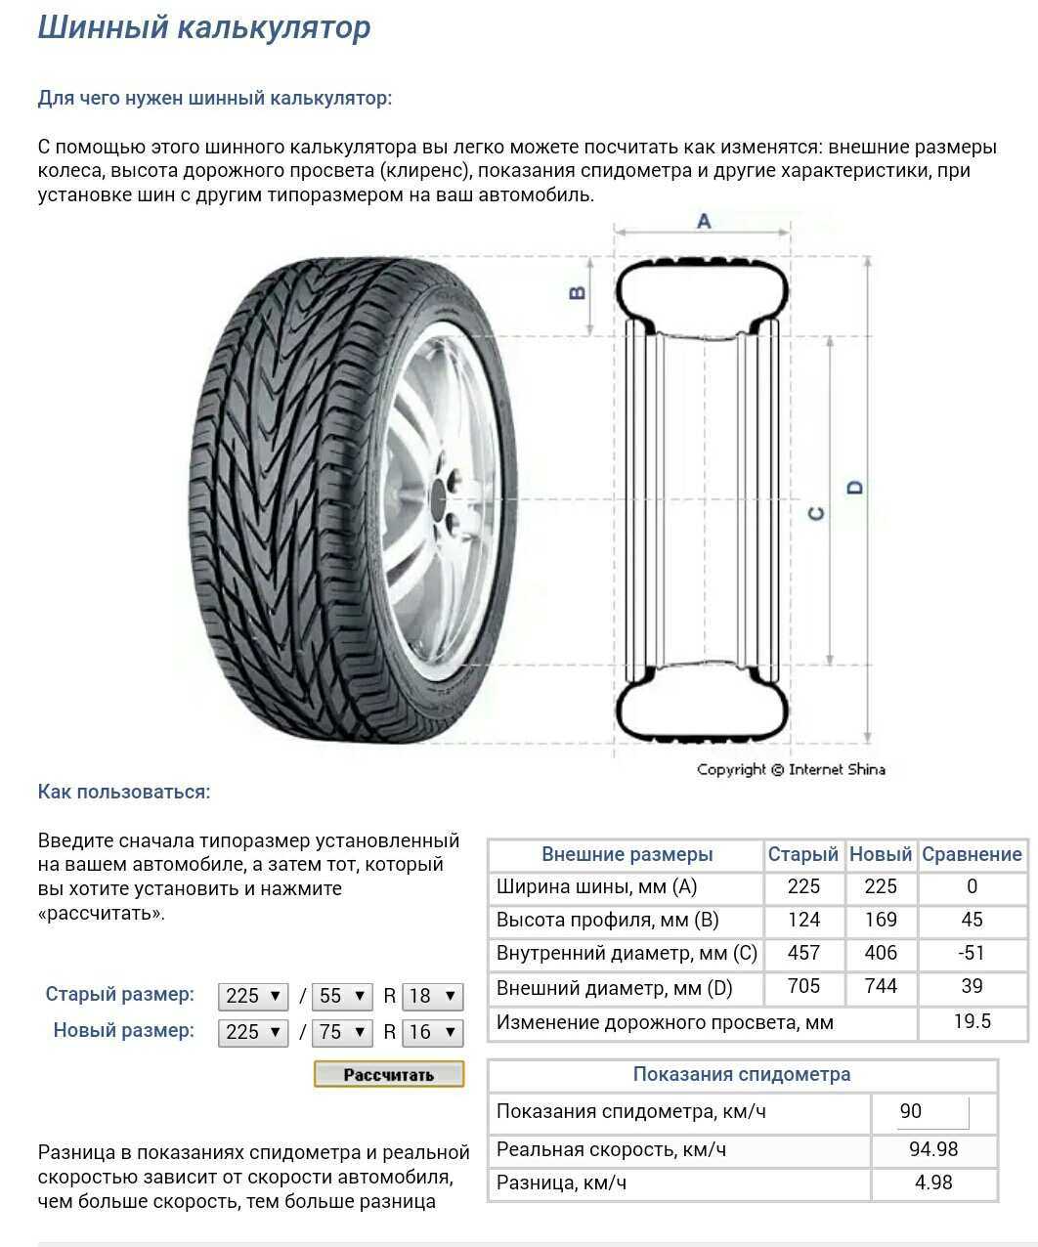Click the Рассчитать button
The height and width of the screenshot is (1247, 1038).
[x=389, y=1074]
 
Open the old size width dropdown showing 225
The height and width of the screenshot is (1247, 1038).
[x=253, y=996]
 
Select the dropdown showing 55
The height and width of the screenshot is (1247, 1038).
[x=343, y=996]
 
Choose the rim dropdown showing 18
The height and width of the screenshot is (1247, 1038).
[x=433, y=996]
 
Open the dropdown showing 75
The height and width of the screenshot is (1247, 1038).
[x=343, y=1032]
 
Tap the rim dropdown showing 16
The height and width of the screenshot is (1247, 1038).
[x=433, y=1032]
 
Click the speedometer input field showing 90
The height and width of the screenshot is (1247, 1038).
[x=932, y=1112]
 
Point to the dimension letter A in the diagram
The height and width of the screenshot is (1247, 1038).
[x=704, y=222]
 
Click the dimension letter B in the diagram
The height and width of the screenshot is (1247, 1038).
[x=578, y=292]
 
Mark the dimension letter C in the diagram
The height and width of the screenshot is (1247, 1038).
[x=817, y=513]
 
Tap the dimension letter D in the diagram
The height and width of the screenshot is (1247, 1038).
[x=856, y=487]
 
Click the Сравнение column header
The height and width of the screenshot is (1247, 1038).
[x=972, y=854]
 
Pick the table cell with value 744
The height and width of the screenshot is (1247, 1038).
[x=881, y=986]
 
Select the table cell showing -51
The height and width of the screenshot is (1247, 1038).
[x=972, y=953]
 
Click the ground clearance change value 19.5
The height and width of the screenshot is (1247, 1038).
[x=972, y=1021]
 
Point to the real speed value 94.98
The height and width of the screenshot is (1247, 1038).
[x=933, y=1149]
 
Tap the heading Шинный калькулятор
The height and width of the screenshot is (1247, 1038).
[x=204, y=27]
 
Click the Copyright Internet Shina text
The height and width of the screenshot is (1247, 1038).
[x=791, y=769]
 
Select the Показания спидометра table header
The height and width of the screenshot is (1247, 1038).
[x=742, y=1074]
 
